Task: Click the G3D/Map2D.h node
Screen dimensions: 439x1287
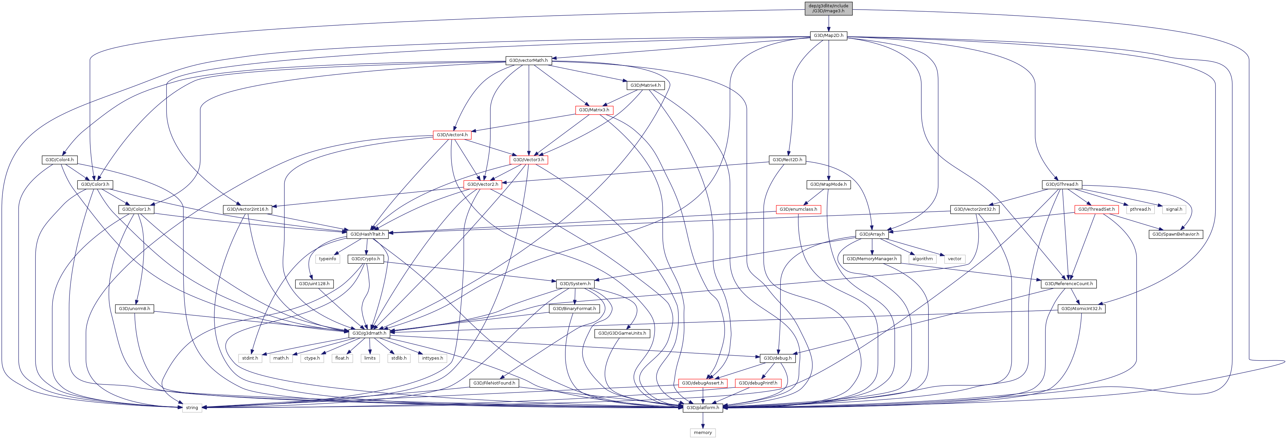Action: [x=828, y=36]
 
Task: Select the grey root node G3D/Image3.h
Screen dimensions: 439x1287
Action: [x=828, y=8]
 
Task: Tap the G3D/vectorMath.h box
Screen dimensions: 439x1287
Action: [x=528, y=60]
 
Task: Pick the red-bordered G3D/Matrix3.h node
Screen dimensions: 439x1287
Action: [x=594, y=110]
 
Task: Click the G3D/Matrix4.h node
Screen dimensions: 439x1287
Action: [x=645, y=85]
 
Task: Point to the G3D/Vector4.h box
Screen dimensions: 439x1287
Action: [x=452, y=135]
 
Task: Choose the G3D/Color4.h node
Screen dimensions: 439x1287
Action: [x=59, y=160]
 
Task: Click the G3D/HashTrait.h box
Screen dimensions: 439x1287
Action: [x=367, y=234]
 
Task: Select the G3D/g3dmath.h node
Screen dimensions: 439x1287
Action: [x=369, y=333]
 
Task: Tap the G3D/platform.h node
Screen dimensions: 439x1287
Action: [x=702, y=407]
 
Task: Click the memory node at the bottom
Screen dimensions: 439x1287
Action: [x=702, y=432]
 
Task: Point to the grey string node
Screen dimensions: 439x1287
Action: [x=192, y=407]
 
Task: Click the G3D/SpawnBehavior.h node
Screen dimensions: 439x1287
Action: [x=1176, y=234]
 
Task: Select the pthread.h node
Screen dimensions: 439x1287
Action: [x=1139, y=209]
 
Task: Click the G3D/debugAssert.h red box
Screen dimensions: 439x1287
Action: [x=702, y=383]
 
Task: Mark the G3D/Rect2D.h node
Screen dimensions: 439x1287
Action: [x=787, y=160]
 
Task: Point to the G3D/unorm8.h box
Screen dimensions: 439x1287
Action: [x=134, y=308]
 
